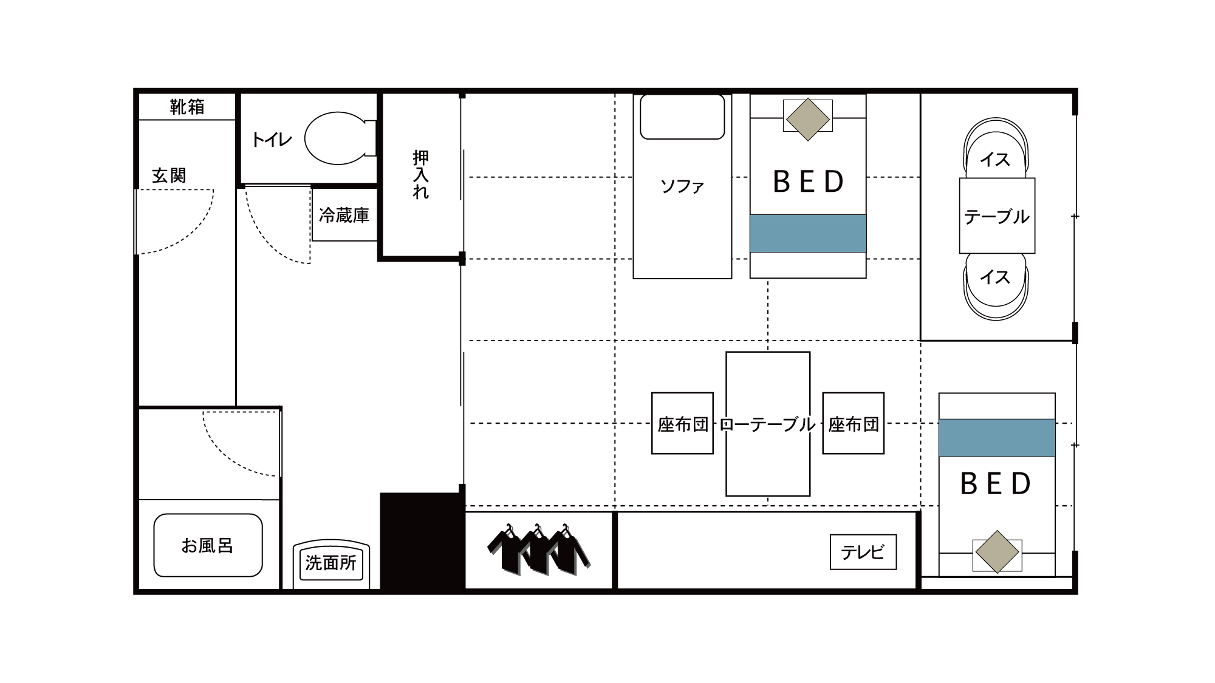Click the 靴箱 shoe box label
click(187, 107)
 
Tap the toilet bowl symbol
click(335, 138)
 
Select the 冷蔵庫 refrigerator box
click(344, 215)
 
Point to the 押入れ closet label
click(420, 175)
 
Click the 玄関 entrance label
click(169, 175)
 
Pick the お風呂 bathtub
click(208, 545)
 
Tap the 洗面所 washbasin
click(331, 563)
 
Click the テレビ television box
click(863, 552)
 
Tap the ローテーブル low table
click(768, 424)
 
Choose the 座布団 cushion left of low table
click(682, 424)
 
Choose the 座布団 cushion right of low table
click(854, 424)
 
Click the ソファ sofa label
click(682, 186)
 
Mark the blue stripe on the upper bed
click(807, 233)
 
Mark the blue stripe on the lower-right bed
click(996, 438)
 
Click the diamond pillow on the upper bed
click(807, 120)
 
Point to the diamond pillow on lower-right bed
click(996, 552)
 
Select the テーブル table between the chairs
click(997, 216)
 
